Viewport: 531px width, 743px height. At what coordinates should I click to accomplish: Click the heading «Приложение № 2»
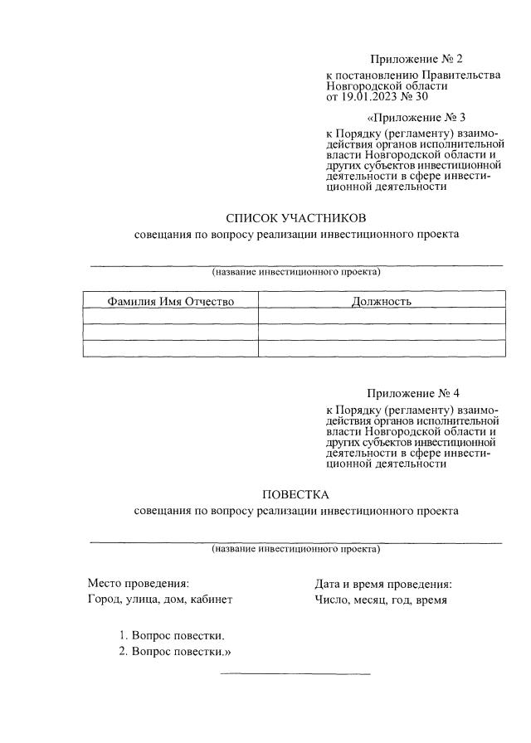(x=415, y=59)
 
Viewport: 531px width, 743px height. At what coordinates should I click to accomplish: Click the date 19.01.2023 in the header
(x=373, y=95)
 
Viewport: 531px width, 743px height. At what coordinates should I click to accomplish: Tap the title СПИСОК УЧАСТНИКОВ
(x=295, y=218)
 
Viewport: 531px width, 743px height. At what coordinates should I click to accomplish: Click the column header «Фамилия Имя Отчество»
(x=171, y=300)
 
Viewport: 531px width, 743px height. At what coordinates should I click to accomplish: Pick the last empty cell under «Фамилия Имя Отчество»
(x=171, y=348)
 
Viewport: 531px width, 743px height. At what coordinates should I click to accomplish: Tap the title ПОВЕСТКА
(x=295, y=495)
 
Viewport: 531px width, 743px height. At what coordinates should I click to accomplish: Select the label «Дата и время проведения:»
(x=382, y=583)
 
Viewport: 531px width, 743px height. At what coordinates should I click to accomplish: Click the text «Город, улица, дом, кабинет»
(x=159, y=600)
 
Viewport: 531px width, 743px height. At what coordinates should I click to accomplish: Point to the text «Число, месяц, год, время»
(x=381, y=600)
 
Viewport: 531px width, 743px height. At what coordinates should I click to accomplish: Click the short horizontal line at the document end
(x=295, y=673)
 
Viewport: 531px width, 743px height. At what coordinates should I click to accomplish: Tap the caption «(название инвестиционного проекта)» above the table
(x=295, y=272)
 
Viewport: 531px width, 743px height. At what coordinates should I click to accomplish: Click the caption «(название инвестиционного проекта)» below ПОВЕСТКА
(x=295, y=549)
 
